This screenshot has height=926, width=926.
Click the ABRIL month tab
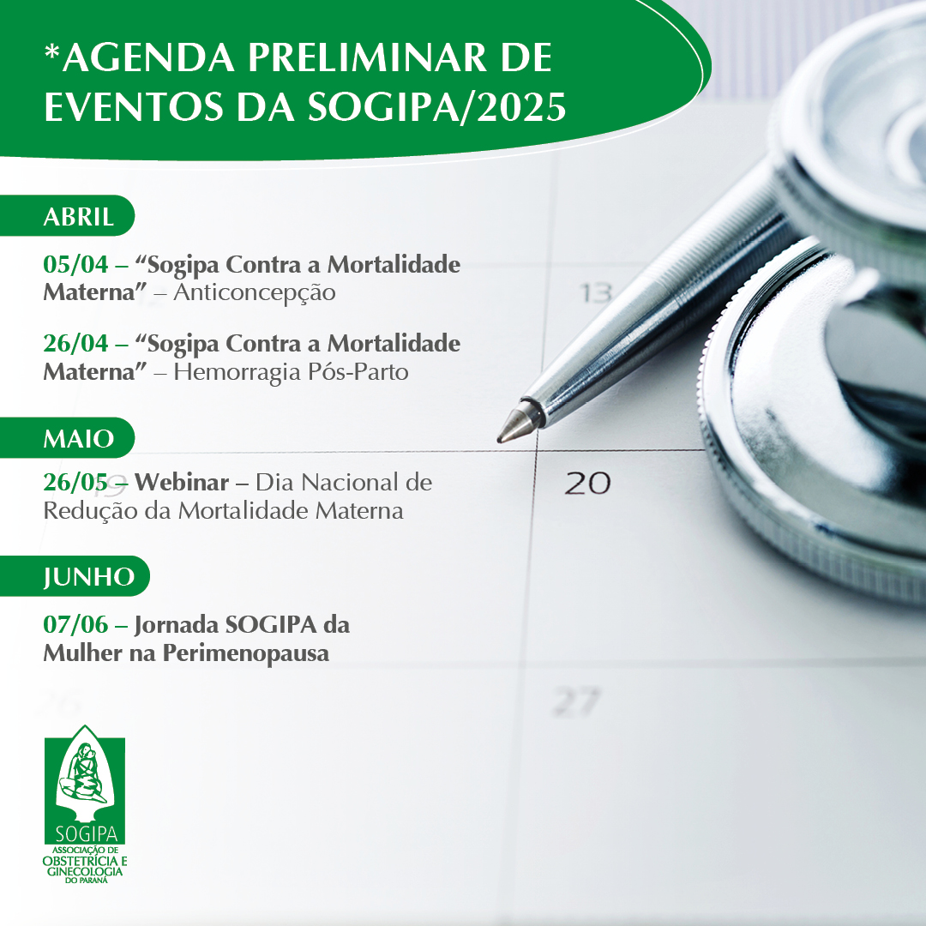click(x=67, y=215)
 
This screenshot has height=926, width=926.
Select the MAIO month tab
click(x=67, y=437)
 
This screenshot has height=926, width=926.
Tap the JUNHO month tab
click(x=75, y=576)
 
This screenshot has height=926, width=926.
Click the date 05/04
click(x=75, y=264)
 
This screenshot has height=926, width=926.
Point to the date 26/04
click(x=75, y=343)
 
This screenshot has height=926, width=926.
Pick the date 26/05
click(x=75, y=483)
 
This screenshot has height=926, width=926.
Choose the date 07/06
click(x=75, y=624)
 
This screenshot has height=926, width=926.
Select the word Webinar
click(x=182, y=483)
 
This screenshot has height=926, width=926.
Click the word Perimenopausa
click(x=246, y=652)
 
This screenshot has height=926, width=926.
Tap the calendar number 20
click(x=587, y=483)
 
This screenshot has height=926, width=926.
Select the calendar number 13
click(x=595, y=293)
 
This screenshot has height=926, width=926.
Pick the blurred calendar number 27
click(x=576, y=701)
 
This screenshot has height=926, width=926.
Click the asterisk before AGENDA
click(x=52, y=52)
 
